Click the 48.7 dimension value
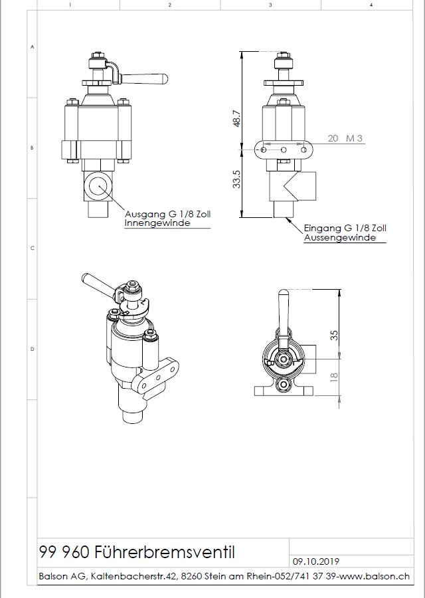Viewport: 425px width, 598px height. (x=236, y=119)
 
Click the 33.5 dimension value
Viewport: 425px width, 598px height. (x=236, y=179)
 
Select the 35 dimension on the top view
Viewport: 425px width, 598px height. (x=334, y=336)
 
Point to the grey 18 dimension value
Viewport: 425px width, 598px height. (x=334, y=377)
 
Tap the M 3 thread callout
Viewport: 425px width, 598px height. (x=354, y=138)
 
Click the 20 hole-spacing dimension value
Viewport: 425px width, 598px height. (x=333, y=138)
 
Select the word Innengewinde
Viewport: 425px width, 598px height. (x=157, y=223)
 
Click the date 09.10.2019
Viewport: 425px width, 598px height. (x=315, y=561)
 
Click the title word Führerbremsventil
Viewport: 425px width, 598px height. (x=164, y=552)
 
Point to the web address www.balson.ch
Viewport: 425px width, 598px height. (x=375, y=576)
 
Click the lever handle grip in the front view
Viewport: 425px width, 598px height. (x=145, y=79)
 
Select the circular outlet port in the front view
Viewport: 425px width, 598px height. (x=98, y=186)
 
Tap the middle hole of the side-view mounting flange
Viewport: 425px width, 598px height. (x=284, y=150)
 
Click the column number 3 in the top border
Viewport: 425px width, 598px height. (x=270, y=5)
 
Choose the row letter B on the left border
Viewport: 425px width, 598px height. (x=32, y=148)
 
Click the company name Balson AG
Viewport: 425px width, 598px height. (x=62, y=576)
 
